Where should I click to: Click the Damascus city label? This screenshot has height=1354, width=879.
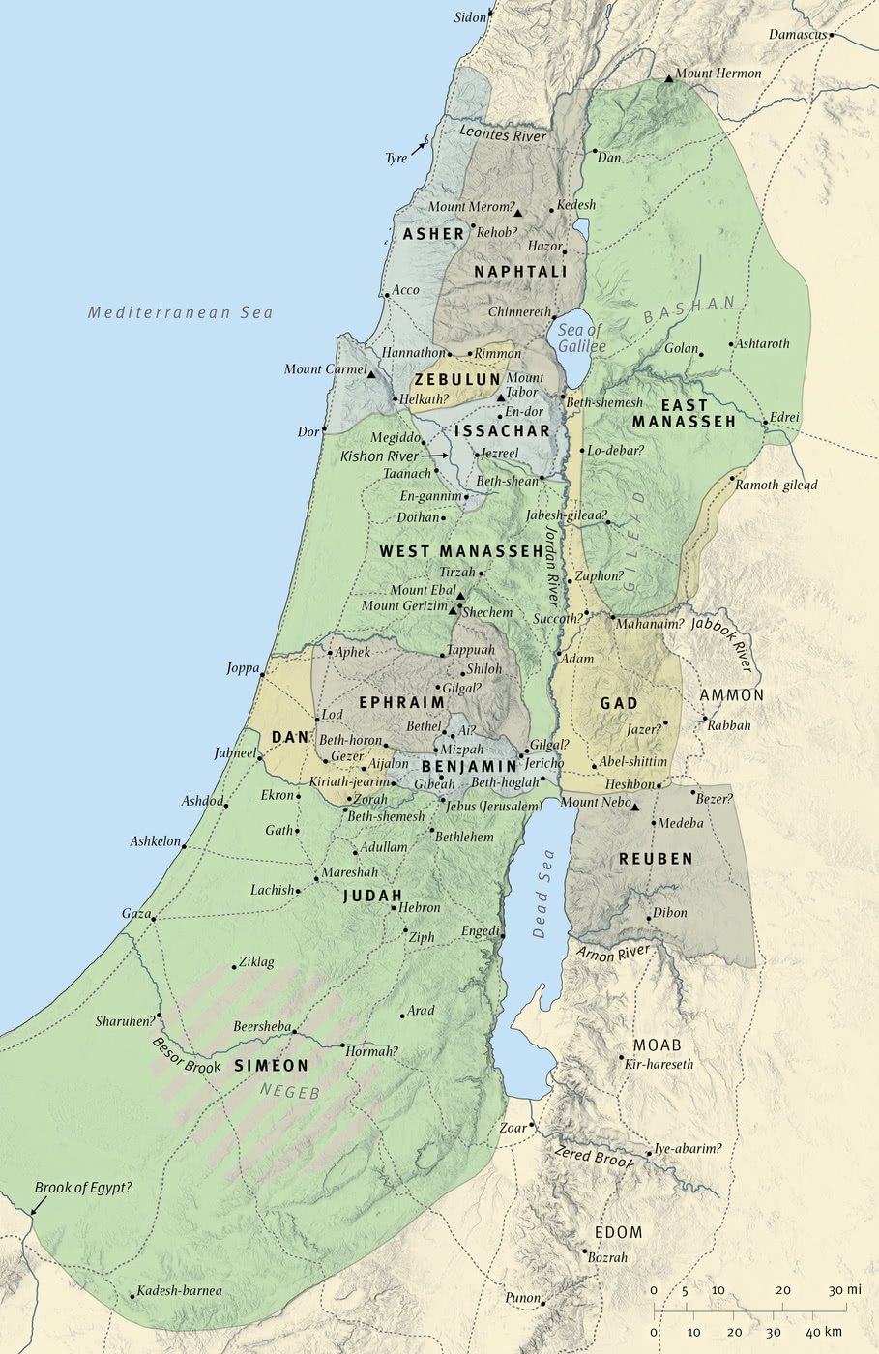(x=798, y=35)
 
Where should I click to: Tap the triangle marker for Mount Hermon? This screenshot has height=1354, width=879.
(x=668, y=76)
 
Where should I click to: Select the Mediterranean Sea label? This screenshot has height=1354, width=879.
(x=180, y=312)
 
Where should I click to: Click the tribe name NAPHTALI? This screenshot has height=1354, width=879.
(x=520, y=273)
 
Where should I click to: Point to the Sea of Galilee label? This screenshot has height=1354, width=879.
(x=581, y=338)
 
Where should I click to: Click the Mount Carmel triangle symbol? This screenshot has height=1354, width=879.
(x=371, y=372)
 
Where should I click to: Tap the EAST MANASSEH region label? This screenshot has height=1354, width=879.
(x=684, y=414)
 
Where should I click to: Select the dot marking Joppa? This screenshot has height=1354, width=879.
(x=261, y=676)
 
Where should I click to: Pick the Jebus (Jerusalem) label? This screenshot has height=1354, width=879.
(x=493, y=806)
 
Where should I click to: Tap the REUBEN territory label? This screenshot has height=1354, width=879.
(x=656, y=859)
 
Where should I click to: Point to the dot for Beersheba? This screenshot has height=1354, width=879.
(x=294, y=1032)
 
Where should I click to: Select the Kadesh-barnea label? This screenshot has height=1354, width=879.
(x=179, y=1290)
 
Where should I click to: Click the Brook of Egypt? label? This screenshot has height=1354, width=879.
(x=83, y=1188)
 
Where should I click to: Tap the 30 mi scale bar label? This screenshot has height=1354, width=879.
(x=843, y=1290)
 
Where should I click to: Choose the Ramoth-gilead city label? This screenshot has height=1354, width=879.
(x=776, y=485)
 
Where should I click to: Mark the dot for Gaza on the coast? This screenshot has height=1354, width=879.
(x=153, y=919)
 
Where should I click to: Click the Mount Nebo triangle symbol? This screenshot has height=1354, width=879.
(x=635, y=807)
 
